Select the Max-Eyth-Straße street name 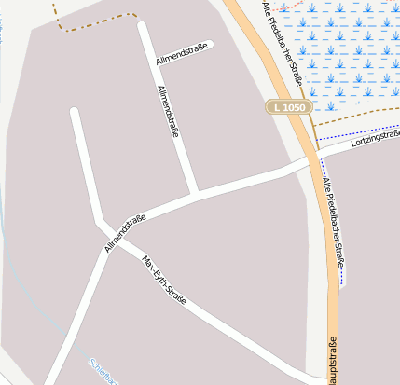click(x=164, y=281)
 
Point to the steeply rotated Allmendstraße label click(x=169, y=112)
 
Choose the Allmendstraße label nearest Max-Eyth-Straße click(x=125, y=233)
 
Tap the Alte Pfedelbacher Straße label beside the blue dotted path click(x=333, y=220)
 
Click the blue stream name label click(x=103, y=370)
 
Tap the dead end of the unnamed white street click(x=74, y=113)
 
